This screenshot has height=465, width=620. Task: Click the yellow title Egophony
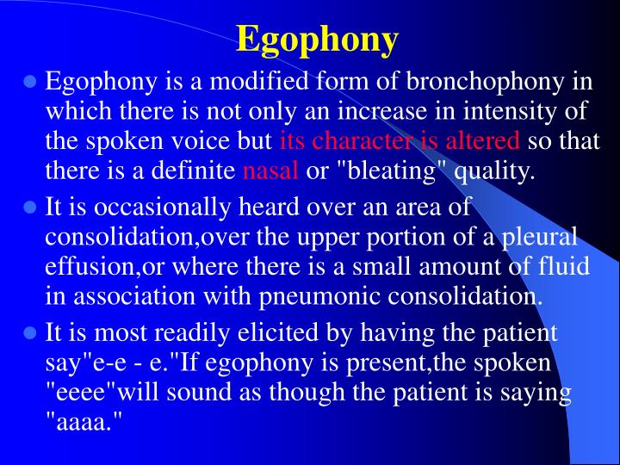click(x=318, y=39)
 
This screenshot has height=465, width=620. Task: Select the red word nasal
click(x=270, y=170)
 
